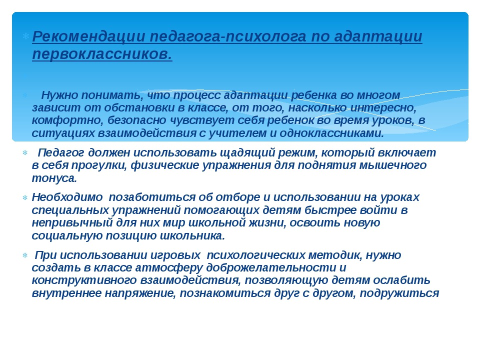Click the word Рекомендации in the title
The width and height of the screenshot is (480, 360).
tap(88, 36)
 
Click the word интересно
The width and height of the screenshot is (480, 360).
tap(382, 108)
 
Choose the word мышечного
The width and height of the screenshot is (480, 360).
tap(392, 165)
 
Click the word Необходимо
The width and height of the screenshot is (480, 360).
tap(67, 197)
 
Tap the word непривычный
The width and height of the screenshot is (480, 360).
tap(72, 222)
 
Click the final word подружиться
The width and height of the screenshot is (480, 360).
tap(399, 293)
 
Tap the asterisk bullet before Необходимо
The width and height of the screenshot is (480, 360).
tap(25, 198)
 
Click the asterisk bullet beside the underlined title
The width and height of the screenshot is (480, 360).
tap(25, 36)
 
